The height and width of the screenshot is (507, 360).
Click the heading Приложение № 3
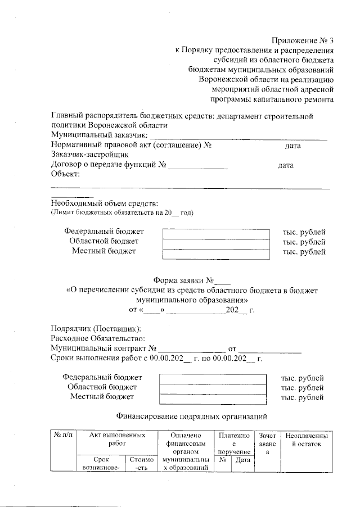point(303,40)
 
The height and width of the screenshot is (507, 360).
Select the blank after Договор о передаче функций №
point(198,166)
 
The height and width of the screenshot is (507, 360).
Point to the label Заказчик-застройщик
point(90,156)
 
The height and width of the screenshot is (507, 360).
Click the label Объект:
point(66,175)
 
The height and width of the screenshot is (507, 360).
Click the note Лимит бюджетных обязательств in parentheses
point(122,212)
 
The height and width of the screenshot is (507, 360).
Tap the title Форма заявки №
point(192,280)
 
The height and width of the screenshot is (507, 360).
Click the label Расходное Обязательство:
point(98,338)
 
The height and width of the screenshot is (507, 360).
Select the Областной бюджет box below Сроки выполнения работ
point(212,388)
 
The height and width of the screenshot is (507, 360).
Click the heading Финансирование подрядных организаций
point(191,417)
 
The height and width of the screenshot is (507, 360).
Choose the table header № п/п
point(62,436)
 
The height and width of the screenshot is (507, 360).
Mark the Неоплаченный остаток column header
point(306,439)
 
